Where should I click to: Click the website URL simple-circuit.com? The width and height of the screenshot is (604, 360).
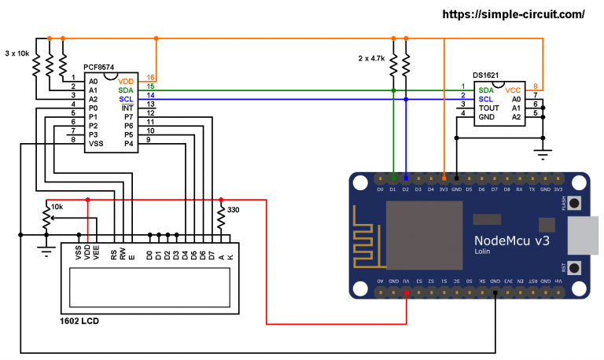coord(514,14)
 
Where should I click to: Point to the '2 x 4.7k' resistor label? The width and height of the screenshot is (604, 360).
coord(370,57)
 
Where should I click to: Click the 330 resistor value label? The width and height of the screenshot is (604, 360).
coord(233,210)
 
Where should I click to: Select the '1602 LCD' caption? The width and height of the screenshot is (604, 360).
coord(79,321)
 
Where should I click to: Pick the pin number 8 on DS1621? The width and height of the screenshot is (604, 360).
coord(536,87)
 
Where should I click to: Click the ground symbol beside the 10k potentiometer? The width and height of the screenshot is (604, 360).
coord(46,249)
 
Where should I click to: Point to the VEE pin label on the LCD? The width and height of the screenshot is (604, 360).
coord(97,255)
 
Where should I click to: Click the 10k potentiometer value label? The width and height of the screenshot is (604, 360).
coord(56,207)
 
